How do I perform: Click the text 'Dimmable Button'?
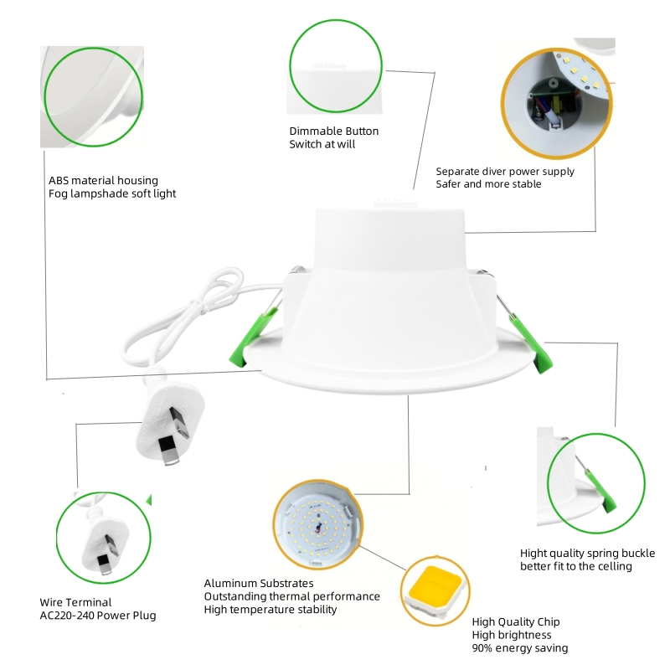click(333, 131)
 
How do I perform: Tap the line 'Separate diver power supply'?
click(505, 172)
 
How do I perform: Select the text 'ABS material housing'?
click(103, 180)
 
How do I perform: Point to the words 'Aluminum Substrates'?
click(259, 583)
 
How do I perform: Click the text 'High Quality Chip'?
click(515, 621)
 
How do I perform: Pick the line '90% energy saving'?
click(519, 648)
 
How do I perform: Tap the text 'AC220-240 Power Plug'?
click(97, 616)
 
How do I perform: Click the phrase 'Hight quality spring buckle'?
click(587, 554)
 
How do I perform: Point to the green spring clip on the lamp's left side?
click(254, 339)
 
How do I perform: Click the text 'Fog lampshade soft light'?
click(112, 193)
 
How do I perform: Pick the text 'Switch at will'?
click(322, 144)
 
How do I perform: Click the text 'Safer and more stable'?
click(488, 184)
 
